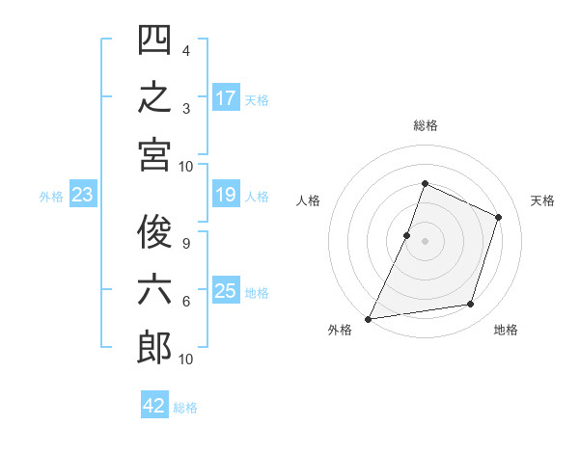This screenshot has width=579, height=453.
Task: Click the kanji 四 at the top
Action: (154, 40)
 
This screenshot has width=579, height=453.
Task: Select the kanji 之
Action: (154, 97)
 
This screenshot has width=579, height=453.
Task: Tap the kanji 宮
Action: (154, 155)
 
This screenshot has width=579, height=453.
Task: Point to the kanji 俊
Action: (154, 231)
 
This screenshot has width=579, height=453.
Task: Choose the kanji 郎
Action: (154, 348)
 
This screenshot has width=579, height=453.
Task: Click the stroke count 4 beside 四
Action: (186, 50)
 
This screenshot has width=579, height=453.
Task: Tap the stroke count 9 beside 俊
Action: (186, 244)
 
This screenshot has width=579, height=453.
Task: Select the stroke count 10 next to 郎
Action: (185, 360)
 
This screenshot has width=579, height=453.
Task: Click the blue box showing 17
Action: (226, 97)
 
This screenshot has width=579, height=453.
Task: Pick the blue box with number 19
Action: (226, 194)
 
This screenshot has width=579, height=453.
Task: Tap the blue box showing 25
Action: (226, 289)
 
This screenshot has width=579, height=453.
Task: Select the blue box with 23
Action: (83, 194)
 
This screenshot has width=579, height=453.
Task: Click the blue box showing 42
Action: (154, 404)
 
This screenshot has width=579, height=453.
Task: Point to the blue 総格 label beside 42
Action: (185, 408)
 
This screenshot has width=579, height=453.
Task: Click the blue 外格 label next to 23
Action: (51, 197)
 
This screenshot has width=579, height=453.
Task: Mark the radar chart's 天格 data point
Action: (498, 217)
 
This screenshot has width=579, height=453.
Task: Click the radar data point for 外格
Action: (368, 319)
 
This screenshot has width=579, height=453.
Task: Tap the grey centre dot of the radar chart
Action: (425, 241)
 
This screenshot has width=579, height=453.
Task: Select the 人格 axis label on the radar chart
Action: (308, 200)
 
